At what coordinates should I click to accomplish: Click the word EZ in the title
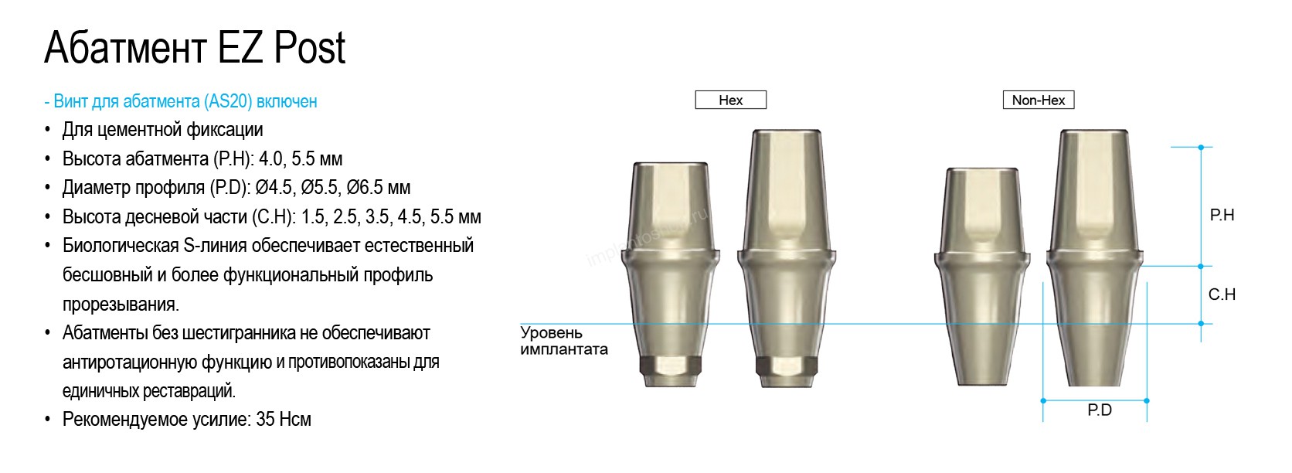(240, 48)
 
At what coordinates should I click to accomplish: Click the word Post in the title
(310, 48)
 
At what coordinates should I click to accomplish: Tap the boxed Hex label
(731, 100)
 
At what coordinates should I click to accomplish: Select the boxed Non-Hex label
(1039, 100)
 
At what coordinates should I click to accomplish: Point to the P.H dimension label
(1222, 215)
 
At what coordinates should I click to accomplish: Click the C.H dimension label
(1222, 294)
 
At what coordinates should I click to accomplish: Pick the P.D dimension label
(1100, 410)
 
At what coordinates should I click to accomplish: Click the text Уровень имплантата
(563, 341)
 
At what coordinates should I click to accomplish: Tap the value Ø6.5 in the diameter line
(366, 188)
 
